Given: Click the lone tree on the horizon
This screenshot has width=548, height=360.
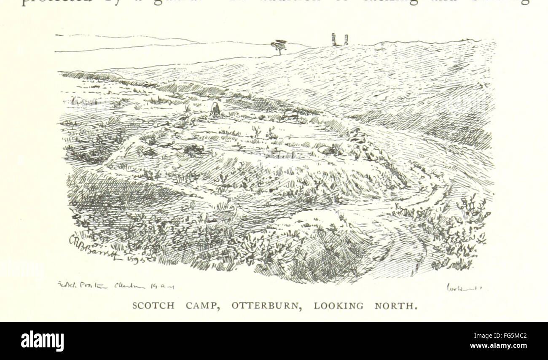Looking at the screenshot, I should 279,46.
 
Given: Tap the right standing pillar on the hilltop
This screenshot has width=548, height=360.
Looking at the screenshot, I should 346,40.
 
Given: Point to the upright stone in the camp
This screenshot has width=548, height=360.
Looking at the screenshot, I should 215,109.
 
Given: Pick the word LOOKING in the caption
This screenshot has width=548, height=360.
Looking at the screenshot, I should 338,306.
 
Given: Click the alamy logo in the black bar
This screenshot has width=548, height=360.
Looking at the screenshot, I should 43,341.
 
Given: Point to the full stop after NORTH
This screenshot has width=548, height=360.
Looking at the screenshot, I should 415,308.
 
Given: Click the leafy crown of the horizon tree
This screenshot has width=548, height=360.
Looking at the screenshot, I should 278,43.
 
